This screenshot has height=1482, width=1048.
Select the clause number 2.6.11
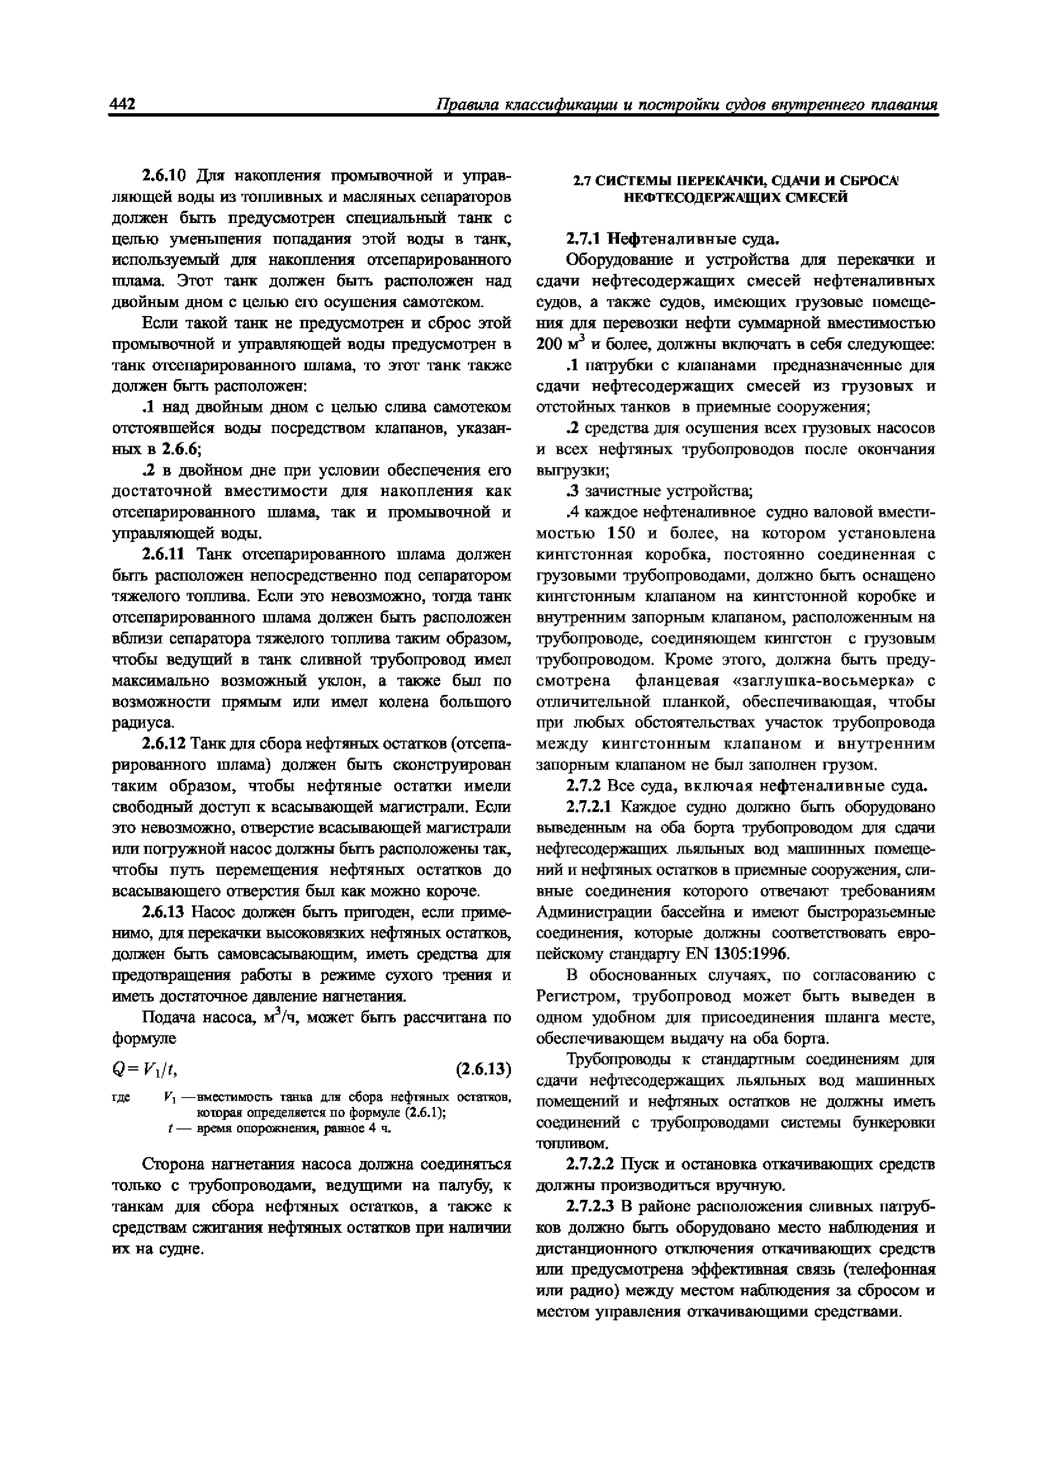pyautogui.click(x=164, y=554)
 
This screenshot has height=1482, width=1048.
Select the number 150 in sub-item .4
pyautogui.click(x=624, y=534)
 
